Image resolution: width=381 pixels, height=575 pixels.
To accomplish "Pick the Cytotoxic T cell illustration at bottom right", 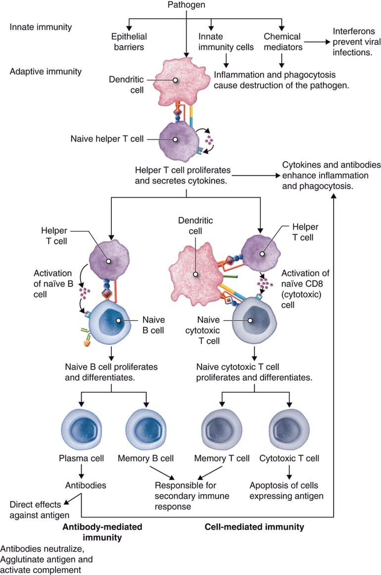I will (287, 428).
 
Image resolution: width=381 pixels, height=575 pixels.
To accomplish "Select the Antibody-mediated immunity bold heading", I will (102, 532).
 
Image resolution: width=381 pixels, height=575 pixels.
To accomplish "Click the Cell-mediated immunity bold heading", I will (254, 527).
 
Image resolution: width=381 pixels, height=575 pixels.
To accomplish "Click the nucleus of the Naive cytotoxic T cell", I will (251, 321).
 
